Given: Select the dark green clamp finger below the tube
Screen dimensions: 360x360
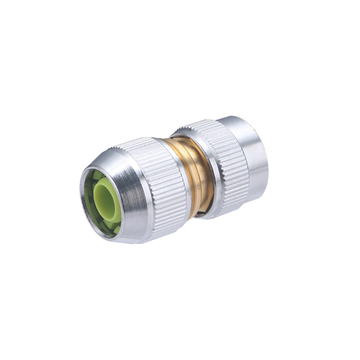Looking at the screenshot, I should (x=108, y=228).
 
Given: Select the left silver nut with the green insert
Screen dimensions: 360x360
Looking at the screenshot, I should (x=135, y=189).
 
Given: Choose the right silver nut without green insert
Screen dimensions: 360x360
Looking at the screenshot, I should (x=231, y=162).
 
